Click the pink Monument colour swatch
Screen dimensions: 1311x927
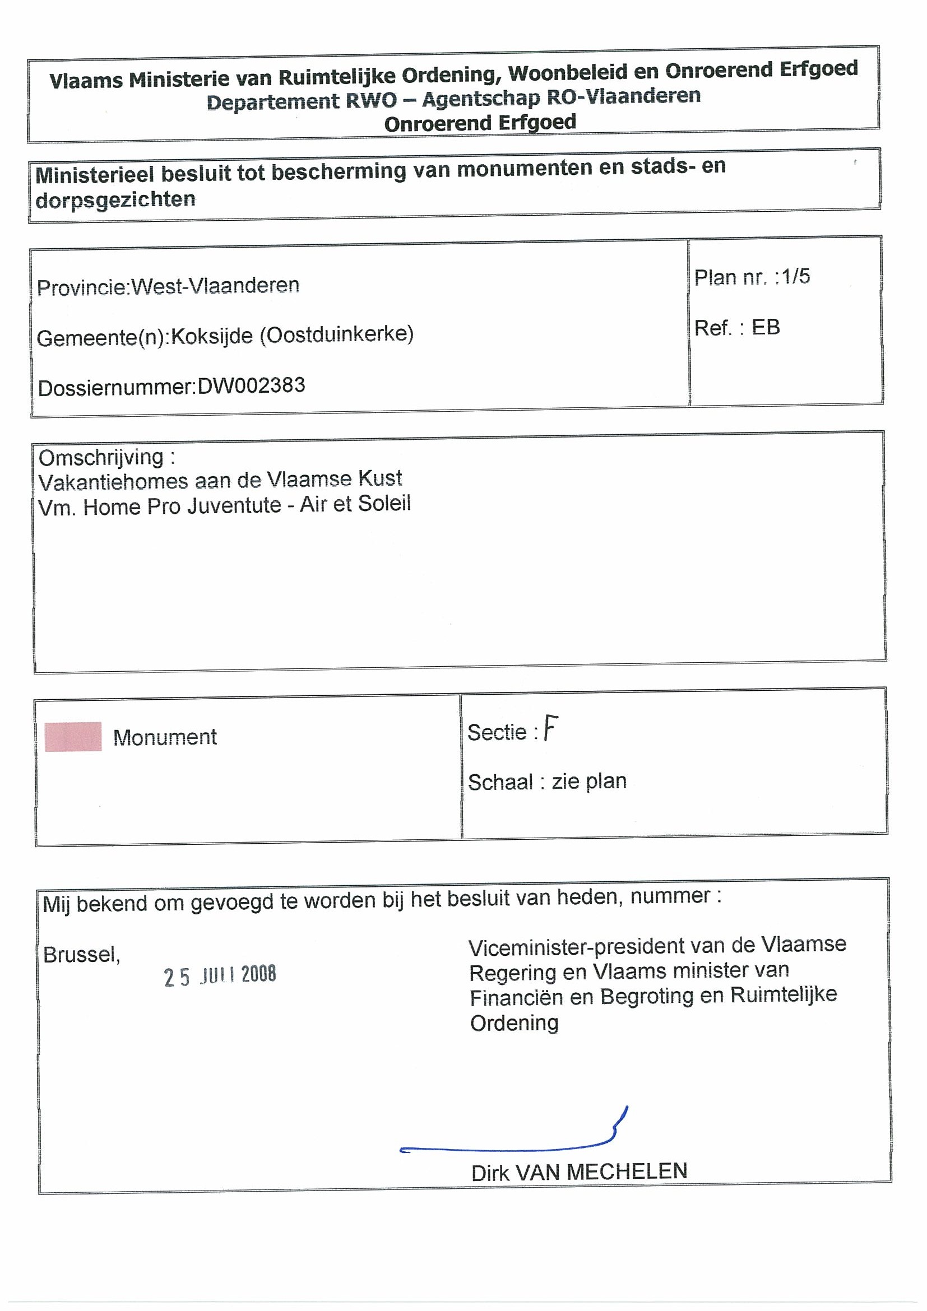pos(73,737)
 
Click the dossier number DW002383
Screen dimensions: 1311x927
pos(251,386)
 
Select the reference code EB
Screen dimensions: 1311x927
pos(766,327)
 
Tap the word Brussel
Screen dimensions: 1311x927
pos(81,955)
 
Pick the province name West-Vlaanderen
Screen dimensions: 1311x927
pos(215,285)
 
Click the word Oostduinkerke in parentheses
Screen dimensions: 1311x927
pos(336,334)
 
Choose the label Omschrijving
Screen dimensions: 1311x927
pos(101,457)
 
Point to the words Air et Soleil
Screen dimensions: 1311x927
pos(355,504)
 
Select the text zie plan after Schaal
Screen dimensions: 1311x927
pos(589,781)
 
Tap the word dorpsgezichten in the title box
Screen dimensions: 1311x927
pos(115,200)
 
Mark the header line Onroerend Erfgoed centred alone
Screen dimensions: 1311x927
pos(480,123)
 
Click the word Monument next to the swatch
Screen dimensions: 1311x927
pos(165,737)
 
